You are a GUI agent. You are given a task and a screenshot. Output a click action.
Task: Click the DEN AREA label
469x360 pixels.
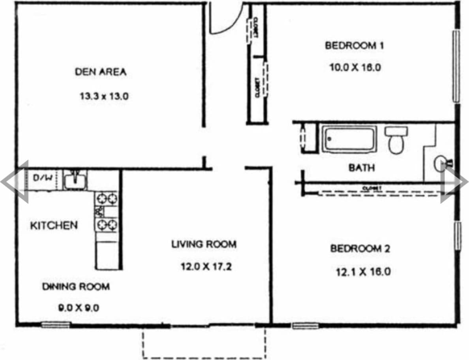pos(101,72)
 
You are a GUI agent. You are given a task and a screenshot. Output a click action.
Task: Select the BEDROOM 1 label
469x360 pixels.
pos(354,45)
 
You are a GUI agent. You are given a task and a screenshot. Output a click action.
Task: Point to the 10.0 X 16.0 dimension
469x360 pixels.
pos(355,67)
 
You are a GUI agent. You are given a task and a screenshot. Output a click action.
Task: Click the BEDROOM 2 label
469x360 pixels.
pos(360,249)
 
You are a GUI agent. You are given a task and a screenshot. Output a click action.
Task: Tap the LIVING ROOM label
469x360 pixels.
pos(204,244)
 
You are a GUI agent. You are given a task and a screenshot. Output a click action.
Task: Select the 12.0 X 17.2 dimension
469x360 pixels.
pos(206,266)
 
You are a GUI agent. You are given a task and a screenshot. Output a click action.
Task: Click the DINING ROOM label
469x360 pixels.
pos(76,286)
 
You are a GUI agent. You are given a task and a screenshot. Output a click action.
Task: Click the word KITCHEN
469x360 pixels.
pos(54,226)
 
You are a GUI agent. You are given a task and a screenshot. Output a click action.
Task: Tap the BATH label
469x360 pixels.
pos(361,168)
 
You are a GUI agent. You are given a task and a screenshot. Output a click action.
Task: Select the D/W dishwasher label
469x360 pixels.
pos(42,178)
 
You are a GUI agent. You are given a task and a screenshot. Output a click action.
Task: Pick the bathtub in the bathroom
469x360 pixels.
pos(349,139)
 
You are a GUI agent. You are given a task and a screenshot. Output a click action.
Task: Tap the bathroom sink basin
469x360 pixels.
pos(441,164)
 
